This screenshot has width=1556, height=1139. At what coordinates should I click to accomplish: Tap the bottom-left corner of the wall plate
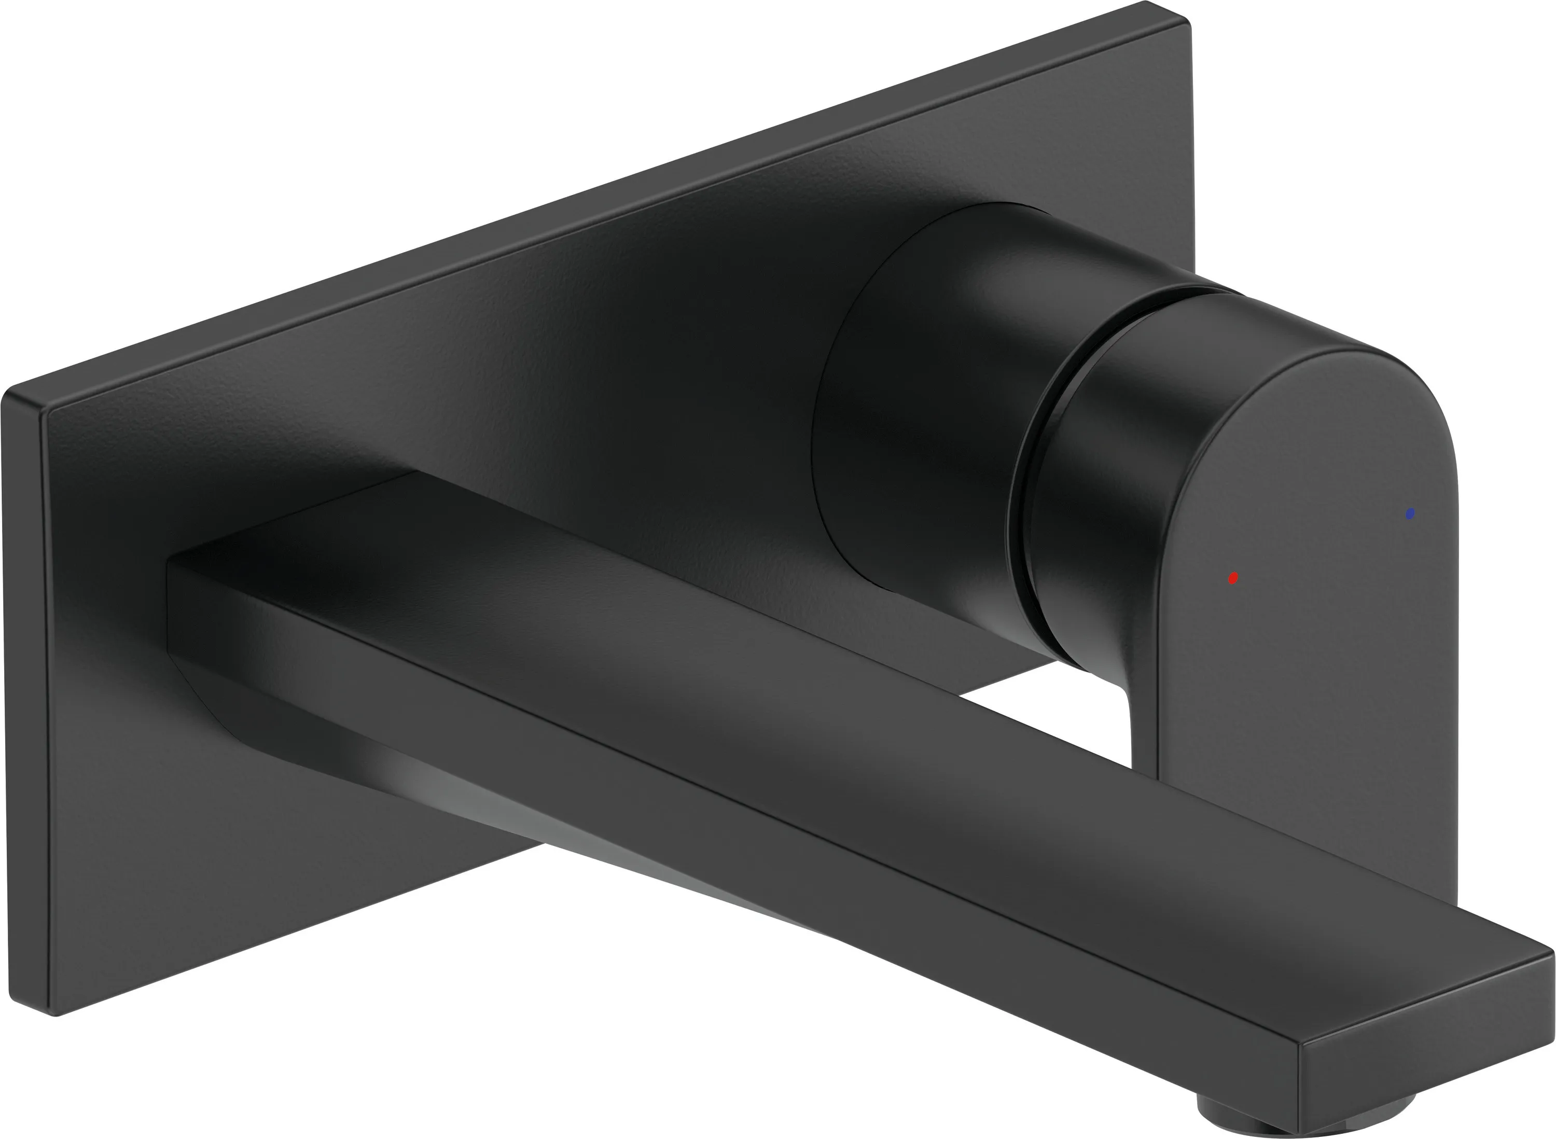pos(55,1013)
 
